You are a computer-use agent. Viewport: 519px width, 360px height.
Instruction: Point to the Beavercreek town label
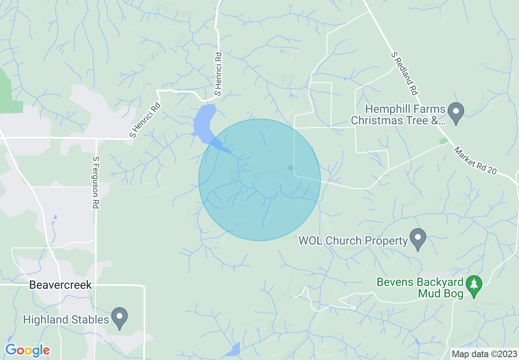click(x=61, y=285)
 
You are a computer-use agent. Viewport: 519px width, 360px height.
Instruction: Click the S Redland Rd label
click(x=404, y=74)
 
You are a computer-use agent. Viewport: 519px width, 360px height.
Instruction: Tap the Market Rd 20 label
click(x=475, y=160)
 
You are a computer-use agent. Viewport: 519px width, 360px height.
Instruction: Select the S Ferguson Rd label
click(x=96, y=182)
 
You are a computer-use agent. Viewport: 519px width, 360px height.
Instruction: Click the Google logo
click(x=27, y=350)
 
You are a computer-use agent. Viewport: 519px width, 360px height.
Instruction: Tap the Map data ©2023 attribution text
click(x=483, y=354)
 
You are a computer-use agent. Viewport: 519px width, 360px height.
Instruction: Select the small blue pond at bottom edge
click(x=233, y=349)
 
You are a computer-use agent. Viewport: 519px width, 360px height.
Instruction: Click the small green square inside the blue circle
click(x=291, y=168)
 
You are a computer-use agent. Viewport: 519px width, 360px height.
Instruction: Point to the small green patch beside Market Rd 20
click(x=443, y=141)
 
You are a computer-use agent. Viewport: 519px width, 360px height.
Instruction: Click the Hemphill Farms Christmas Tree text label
click(x=398, y=115)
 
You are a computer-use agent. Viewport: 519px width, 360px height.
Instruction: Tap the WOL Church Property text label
click(x=353, y=240)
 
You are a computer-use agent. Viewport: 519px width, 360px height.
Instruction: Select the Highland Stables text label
click(x=66, y=319)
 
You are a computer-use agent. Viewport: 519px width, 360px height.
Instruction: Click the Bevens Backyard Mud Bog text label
click(x=420, y=288)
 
